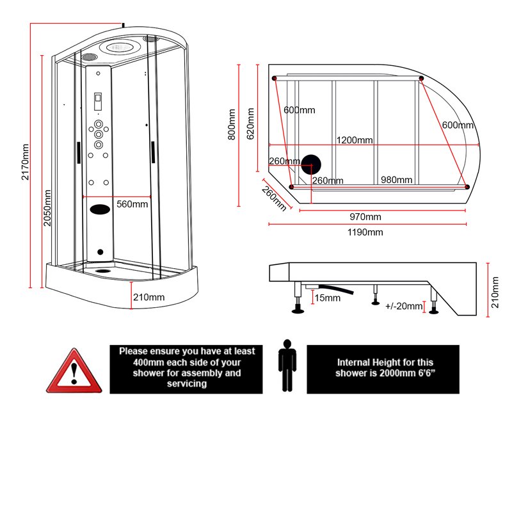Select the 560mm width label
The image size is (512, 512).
132,205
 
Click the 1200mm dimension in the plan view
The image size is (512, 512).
355,140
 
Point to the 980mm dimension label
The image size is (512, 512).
396,180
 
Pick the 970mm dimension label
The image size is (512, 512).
365,217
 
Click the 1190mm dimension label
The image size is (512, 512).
366,232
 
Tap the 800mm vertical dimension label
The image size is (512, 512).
232,124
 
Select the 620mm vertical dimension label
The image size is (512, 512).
251,124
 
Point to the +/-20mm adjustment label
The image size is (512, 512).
404,307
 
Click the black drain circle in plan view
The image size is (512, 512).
312,166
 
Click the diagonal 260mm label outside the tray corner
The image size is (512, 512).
273,198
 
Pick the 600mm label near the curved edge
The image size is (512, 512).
458,125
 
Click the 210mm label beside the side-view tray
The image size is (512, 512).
493,292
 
